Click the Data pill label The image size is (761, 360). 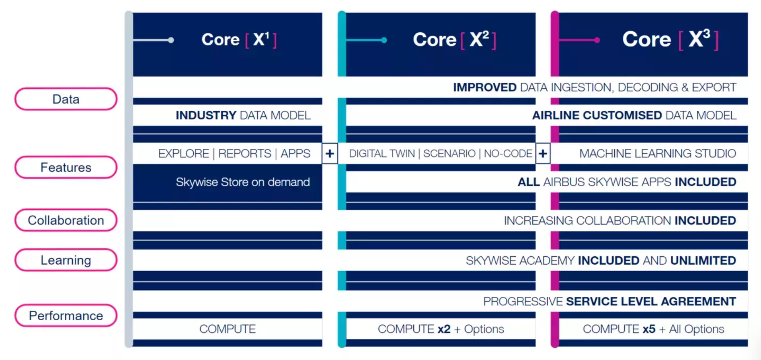click(66, 99)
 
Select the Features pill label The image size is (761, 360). click(66, 167)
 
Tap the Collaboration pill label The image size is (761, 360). click(66, 220)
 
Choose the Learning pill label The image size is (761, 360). click(66, 260)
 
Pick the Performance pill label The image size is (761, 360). click(66, 316)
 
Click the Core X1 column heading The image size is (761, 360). click(239, 40)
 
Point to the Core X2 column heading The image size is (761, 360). click(454, 40)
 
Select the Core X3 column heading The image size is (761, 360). click(670, 40)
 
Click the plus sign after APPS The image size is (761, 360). click(330, 154)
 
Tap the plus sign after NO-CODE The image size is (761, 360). click(543, 154)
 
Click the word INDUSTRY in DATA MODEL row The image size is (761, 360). click(206, 115)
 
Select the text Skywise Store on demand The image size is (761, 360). click(243, 182)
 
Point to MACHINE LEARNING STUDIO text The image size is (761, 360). click(657, 154)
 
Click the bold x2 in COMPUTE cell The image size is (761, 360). click(444, 329)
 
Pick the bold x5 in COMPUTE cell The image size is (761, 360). click(649, 329)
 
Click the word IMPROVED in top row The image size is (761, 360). click(485, 88)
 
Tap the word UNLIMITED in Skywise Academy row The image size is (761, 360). click(703, 260)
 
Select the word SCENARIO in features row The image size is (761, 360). click(449, 154)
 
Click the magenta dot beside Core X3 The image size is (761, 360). click(597, 40)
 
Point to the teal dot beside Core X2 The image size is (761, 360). click(384, 40)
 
